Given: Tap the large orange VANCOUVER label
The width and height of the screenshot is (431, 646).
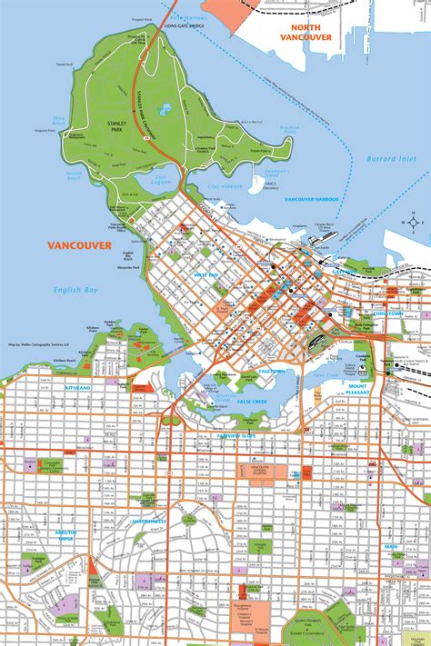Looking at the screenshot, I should point(81,246).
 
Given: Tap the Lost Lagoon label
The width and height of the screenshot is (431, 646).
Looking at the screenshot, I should point(163,179).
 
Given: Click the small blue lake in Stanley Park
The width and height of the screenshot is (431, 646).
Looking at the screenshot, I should point(165,110).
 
